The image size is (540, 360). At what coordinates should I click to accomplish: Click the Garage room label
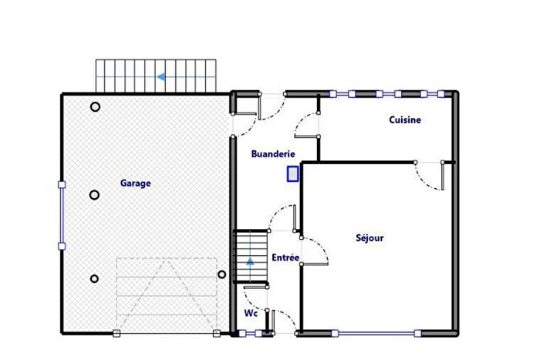click(135, 183)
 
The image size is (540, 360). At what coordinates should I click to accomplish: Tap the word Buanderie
click(273, 154)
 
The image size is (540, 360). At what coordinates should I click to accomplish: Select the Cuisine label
click(404, 120)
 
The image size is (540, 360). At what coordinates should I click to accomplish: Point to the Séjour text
click(370, 238)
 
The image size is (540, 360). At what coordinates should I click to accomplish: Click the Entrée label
click(285, 257)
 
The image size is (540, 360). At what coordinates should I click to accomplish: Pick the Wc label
click(251, 314)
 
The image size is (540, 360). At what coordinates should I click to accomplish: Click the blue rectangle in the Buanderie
click(292, 174)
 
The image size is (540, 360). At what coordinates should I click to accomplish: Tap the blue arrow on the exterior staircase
click(161, 77)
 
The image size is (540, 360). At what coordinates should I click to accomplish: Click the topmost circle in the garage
click(95, 107)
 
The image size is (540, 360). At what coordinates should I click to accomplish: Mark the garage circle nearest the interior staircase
click(221, 274)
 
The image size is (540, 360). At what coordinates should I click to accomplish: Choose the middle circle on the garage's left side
click(94, 195)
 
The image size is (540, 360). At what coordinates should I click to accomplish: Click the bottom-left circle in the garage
click(94, 278)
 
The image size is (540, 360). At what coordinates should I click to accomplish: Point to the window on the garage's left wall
click(62, 215)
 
